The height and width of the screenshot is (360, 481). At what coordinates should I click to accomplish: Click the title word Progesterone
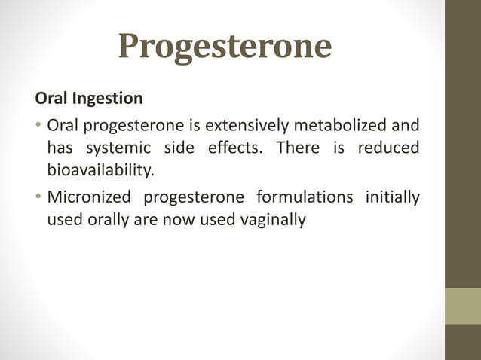click(225, 47)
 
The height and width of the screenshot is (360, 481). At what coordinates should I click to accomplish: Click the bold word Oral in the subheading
click(50, 99)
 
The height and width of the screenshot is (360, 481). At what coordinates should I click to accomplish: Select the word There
click(298, 147)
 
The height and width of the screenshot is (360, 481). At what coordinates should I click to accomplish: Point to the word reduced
click(388, 147)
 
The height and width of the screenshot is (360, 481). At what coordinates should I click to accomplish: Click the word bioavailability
click(100, 171)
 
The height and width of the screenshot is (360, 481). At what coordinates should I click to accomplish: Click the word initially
click(392, 198)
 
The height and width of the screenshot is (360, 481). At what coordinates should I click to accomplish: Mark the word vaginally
click(270, 222)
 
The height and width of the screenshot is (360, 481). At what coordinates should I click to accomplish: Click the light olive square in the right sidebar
click(463, 306)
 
